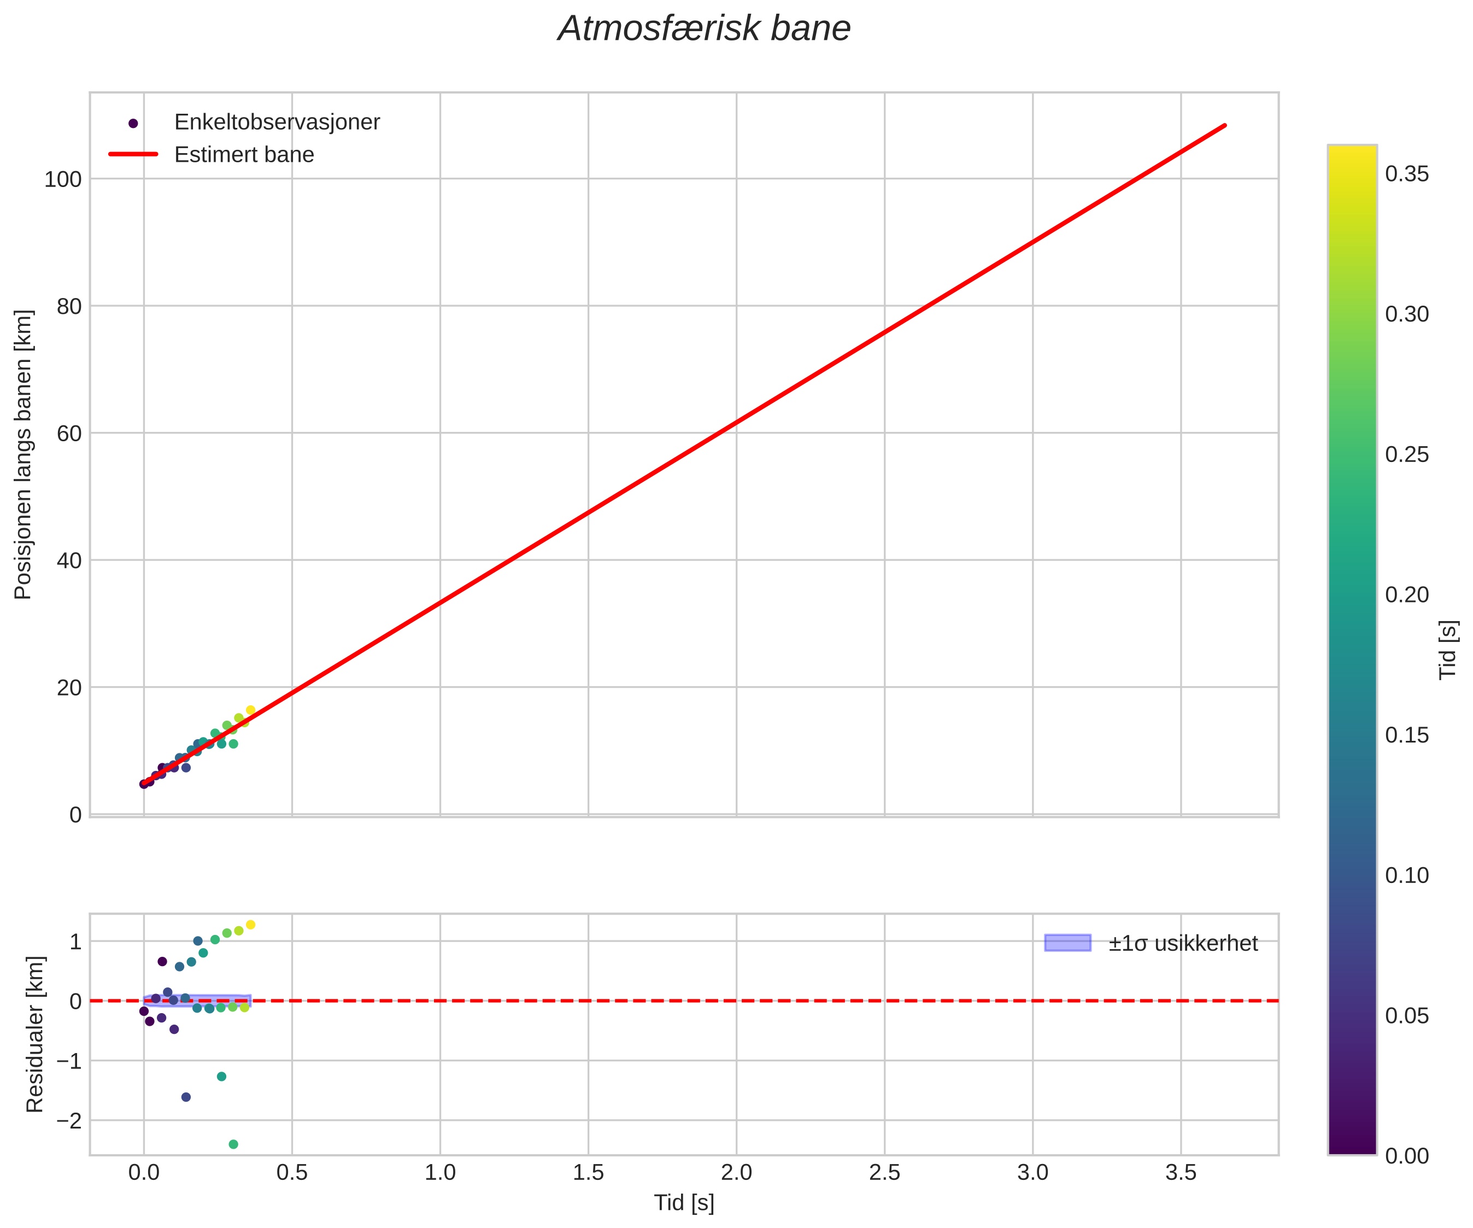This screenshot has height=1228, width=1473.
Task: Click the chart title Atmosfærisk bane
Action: click(703, 30)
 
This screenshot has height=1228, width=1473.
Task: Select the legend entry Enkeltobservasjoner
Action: click(277, 122)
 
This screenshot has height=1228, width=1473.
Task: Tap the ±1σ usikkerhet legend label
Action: click(1183, 944)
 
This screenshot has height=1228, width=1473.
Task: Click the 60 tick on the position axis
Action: click(69, 434)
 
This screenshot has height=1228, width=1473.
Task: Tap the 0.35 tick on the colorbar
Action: click(1407, 174)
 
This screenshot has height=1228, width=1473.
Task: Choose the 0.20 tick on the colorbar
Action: click(1407, 595)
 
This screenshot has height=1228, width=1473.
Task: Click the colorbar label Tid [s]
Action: click(1448, 650)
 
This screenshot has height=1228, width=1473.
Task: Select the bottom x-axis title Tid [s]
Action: click(684, 1203)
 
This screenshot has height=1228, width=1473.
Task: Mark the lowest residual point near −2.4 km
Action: click(233, 1144)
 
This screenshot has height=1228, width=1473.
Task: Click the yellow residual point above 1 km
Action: click(250, 925)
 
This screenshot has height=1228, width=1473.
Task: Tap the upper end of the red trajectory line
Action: click(1225, 126)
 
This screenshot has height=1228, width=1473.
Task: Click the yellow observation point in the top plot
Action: click(250, 710)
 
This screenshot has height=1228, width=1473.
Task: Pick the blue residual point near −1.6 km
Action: click(186, 1097)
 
